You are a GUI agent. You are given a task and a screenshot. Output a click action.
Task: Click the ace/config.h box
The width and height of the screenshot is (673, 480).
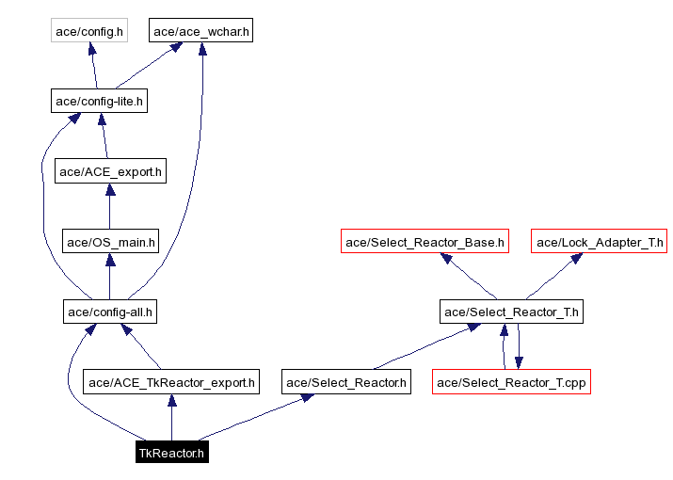point(88,31)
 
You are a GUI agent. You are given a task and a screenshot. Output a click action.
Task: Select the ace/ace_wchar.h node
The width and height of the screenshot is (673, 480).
point(201,31)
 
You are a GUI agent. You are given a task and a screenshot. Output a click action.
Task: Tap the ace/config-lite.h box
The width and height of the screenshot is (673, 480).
point(99,101)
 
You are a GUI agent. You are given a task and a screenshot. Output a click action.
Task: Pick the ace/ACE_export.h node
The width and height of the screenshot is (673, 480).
point(110,171)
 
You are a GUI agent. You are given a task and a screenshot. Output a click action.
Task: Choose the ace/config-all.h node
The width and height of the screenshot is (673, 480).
point(110,312)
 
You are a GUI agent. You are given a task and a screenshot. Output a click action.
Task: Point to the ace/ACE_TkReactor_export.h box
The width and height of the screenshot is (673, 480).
point(170,382)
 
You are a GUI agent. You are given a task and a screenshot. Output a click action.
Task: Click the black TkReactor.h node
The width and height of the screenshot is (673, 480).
point(170,453)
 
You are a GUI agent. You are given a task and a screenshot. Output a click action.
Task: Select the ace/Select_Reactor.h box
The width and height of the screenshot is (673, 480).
point(346,382)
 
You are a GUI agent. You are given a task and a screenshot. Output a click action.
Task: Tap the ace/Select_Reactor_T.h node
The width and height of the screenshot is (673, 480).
point(511,312)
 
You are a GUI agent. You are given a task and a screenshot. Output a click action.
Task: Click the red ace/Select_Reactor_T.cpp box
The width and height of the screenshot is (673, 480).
point(511,382)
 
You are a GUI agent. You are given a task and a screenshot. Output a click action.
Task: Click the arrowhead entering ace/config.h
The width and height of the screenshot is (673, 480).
point(92,49)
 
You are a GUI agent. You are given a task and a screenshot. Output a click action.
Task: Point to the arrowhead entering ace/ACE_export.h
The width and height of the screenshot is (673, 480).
point(110,189)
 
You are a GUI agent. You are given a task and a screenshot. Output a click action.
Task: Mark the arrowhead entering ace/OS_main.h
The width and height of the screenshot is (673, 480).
point(110,259)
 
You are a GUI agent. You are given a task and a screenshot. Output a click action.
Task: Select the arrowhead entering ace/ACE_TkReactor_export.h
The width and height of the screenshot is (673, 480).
point(170,400)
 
